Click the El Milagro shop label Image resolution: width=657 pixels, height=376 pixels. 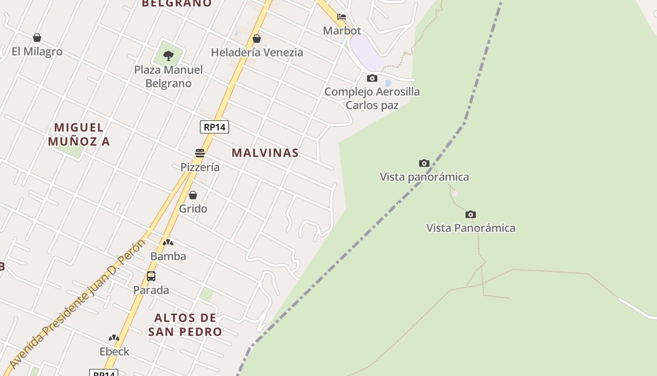coord(37,51)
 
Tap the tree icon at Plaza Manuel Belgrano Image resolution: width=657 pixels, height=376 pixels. coord(168,56)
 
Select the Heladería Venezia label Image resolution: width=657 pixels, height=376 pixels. coord(257,52)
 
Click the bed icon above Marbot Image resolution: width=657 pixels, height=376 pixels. coord(342,17)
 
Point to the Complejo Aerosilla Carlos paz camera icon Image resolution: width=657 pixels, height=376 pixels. coord(372,78)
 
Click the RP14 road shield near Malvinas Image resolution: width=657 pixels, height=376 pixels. coord(214,127)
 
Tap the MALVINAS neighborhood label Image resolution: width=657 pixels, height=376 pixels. coord(265,153)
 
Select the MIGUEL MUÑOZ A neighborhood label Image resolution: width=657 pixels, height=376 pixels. coord(79,134)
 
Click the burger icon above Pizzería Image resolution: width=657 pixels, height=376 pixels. coord(200,153)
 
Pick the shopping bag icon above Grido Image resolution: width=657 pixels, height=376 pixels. coord(193,195)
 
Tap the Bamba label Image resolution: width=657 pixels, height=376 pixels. coord(168,256)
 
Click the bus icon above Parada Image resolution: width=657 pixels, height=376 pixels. coord(151,276)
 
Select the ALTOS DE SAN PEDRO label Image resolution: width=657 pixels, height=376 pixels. coord(185,325)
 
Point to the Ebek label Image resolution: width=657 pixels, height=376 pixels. coord(114,351)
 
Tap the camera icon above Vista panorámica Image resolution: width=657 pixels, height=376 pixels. coord(424,163)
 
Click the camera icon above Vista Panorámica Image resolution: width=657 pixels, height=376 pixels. coord(471,214)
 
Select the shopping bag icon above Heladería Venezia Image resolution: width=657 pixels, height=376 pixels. coord(257,39)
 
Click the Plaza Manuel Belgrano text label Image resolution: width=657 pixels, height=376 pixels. coord(168,77)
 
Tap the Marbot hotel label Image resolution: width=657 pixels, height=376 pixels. coord(342,31)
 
